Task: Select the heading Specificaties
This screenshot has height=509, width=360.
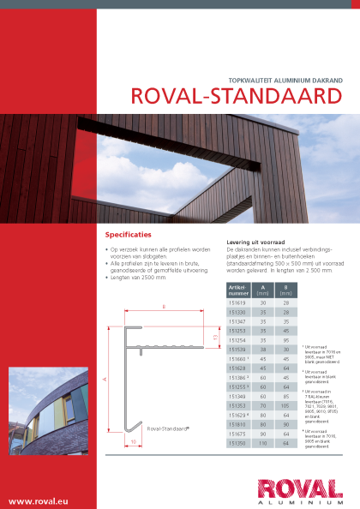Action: point(128,234)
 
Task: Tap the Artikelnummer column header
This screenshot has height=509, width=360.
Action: point(237,290)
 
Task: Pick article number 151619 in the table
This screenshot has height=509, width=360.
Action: point(237,302)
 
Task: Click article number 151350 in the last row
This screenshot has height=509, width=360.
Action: point(237,444)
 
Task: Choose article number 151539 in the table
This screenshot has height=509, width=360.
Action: point(237,350)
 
